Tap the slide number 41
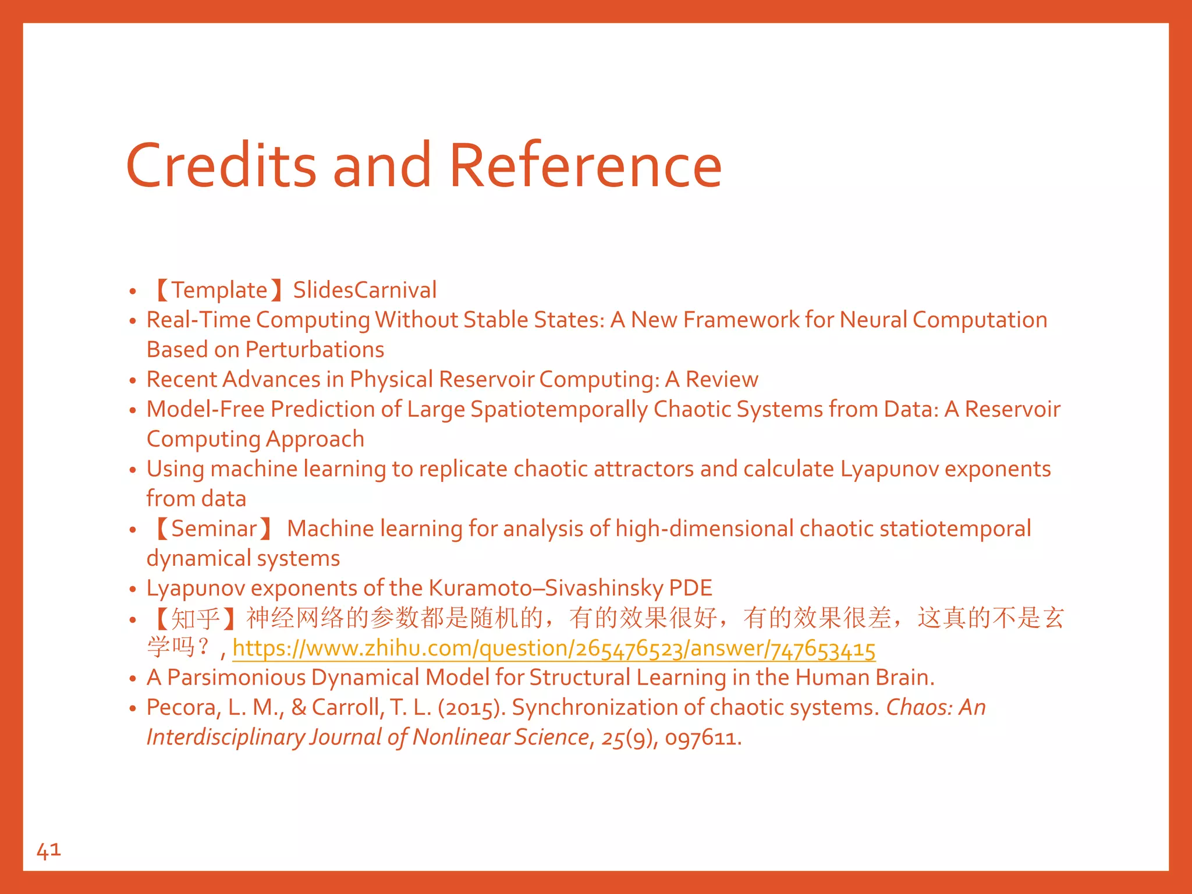[48, 850]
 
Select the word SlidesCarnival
[365, 290]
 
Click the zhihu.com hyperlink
[554, 648]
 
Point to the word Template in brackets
[219, 290]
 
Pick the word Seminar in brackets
[214, 528]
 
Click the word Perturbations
[315, 350]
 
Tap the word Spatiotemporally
[559, 410]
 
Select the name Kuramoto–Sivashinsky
[546, 588]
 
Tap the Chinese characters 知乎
[196, 618]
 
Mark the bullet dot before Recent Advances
[133, 381]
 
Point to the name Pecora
[181, 708]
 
